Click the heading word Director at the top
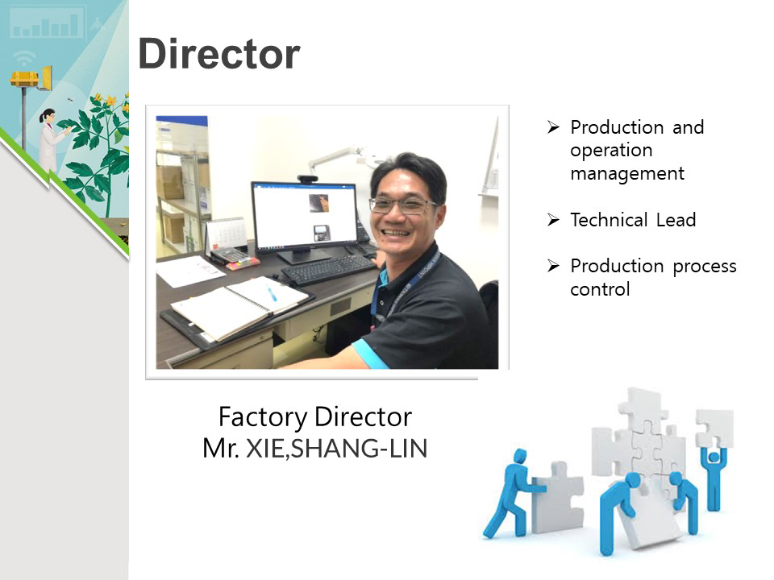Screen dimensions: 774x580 coord(219,53)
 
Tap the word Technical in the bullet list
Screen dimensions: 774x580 coord(610,219)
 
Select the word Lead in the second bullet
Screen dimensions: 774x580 coord(676,219)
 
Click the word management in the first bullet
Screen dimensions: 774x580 coord(627,174)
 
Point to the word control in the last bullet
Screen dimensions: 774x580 coord(600,289)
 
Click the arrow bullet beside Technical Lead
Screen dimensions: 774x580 coord(553,219)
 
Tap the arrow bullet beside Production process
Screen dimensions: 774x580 coord(553,266)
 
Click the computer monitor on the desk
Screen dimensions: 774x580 coord(303,220)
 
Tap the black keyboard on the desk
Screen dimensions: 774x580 coord(328,269)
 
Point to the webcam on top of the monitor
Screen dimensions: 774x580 coord(307,179)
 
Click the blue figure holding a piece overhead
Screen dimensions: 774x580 coord(714,476)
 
